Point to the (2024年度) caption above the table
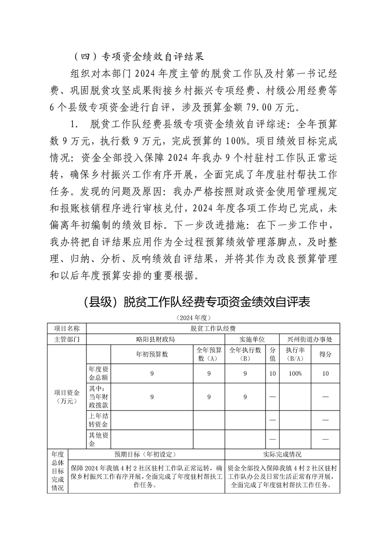[193, 318]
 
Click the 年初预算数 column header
[152, 354]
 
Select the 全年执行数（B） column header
[245, 354]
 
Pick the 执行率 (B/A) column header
[295, 354]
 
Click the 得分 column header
[325, 354]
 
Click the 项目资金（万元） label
[67, 396]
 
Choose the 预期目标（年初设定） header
[146, 455]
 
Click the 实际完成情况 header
[282, 455]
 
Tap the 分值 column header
[272, 354]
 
